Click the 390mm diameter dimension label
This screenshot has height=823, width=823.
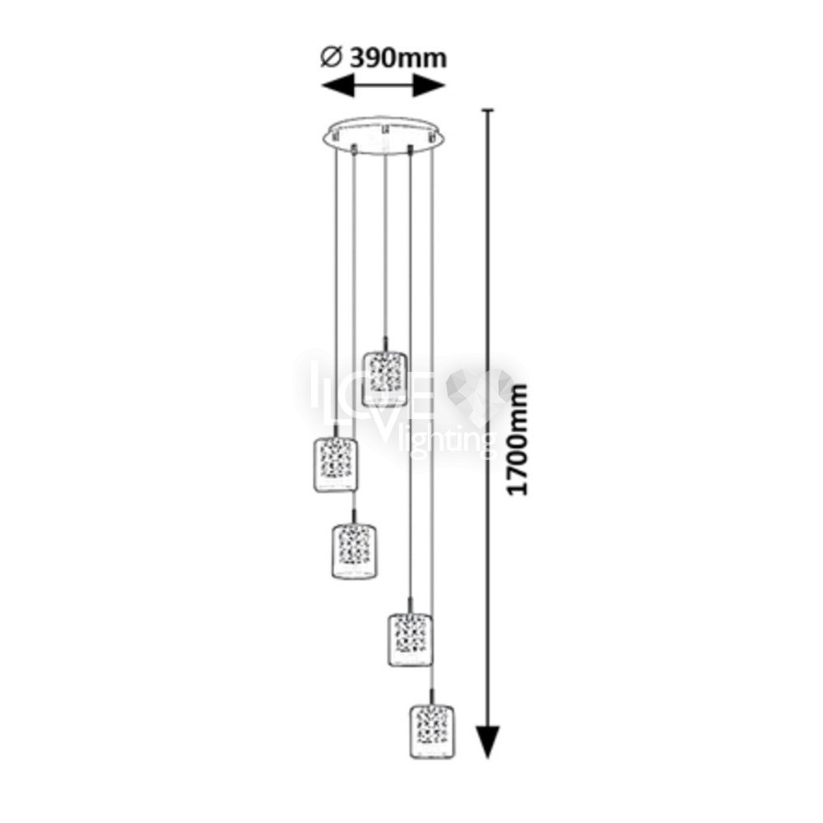(398, 58)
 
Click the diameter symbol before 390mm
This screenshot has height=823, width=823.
(331, 57)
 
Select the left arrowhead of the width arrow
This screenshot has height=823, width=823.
(337, 86)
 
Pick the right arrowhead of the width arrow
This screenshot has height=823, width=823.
(429, 86)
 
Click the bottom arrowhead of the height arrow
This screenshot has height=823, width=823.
(487, 742)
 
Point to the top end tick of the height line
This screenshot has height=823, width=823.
(488, 110)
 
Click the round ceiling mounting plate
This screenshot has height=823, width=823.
(384, 137)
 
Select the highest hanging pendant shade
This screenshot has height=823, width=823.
(384, 379)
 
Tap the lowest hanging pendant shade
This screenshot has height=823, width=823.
(432, 732)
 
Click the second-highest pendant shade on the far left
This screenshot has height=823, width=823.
(336, 465)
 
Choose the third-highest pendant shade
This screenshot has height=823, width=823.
(355, 551)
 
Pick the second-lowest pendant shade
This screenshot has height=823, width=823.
(410, 639)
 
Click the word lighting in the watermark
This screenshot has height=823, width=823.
(447, 442)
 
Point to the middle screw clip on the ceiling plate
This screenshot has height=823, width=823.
(384, 128)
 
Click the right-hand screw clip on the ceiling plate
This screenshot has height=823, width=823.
(433, 137)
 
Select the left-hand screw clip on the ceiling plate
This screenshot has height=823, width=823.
(336, 136)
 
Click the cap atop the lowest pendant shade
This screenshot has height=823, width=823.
(431, 698)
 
